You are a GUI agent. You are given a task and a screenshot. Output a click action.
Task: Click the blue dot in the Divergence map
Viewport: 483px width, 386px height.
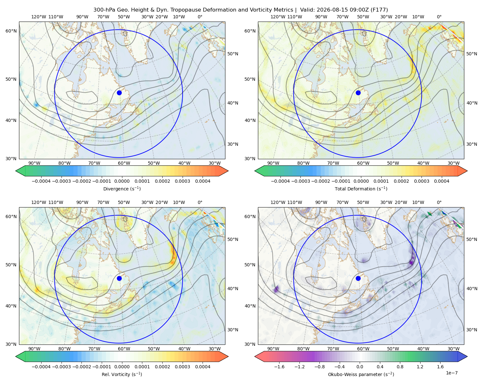[x=119, y=93]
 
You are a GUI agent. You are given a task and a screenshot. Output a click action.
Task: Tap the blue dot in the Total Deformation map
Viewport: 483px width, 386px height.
[x=358, y=93]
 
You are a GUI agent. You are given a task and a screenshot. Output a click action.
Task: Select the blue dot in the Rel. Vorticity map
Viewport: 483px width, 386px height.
[x=119, y=278]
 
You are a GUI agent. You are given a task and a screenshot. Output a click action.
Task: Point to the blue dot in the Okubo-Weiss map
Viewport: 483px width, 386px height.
[x=358, y=278]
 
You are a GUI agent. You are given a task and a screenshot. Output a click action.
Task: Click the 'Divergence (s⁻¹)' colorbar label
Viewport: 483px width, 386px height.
[x=122, y=188]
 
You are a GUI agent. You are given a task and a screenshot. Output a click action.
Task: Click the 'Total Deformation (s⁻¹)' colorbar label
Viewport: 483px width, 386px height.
[x=361, y=188]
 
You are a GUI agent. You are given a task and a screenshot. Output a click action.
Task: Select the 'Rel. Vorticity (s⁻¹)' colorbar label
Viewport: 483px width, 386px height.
[x=122, y=374]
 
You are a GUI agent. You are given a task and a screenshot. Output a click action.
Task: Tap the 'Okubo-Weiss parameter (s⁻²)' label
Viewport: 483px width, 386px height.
[x=361, y=374]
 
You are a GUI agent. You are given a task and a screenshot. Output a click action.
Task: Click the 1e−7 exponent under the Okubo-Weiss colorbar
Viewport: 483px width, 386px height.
[x=451, y=373]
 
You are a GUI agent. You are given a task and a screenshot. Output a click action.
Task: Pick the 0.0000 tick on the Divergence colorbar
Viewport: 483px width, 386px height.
[x=122, y=181]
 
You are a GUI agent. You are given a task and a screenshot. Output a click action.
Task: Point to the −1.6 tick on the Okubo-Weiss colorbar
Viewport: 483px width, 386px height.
[x=279, y=367]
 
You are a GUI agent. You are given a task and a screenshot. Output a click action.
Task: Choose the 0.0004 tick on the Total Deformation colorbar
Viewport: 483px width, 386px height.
[x=441, y=181]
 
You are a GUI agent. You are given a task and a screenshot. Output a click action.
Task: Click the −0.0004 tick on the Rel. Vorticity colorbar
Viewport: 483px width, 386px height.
[x=41, y=367]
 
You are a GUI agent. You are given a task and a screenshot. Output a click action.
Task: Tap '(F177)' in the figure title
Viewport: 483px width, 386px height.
[x=379, y=10]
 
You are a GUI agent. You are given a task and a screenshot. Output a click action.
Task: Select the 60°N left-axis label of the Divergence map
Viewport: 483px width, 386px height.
[x=11, y=31]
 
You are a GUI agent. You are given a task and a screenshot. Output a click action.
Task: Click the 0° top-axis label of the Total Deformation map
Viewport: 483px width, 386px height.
[x=439, y=17]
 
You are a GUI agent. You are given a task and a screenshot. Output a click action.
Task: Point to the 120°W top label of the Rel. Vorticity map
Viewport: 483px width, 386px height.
[x=39, y=202]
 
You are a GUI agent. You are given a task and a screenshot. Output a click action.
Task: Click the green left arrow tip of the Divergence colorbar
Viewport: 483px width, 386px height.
[x=16, y=171]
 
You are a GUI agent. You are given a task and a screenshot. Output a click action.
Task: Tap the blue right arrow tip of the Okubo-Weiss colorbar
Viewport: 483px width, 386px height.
[x=467, y=356]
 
